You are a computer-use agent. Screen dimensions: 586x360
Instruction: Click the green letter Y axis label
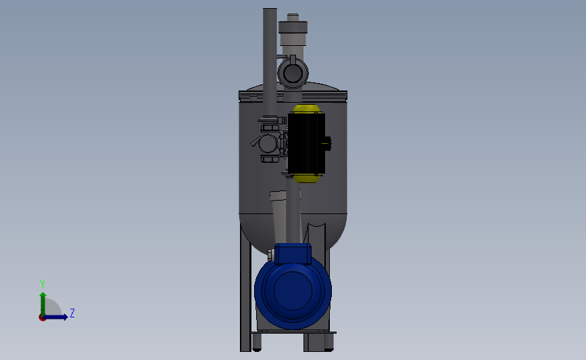click(x=43, y=284)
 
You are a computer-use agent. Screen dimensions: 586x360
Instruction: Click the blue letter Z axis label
click(x=72, y=313)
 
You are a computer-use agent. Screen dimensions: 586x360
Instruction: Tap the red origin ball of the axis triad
click(x=42, y=318)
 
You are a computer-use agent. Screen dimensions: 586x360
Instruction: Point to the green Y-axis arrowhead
click(x=43, y=296)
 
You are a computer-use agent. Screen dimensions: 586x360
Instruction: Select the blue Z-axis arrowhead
click(x=65, y=317)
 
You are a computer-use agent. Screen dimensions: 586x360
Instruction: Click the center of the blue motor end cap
click(x=293, y=291)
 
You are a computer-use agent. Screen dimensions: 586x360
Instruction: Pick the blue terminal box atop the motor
click(x=293, y=254)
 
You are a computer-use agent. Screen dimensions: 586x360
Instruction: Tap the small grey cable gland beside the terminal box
click(x=270, y=255)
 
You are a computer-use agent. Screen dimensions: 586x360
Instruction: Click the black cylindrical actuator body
click(x=306, y=143)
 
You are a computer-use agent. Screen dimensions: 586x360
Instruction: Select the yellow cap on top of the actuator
click(x=307, y=109)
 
